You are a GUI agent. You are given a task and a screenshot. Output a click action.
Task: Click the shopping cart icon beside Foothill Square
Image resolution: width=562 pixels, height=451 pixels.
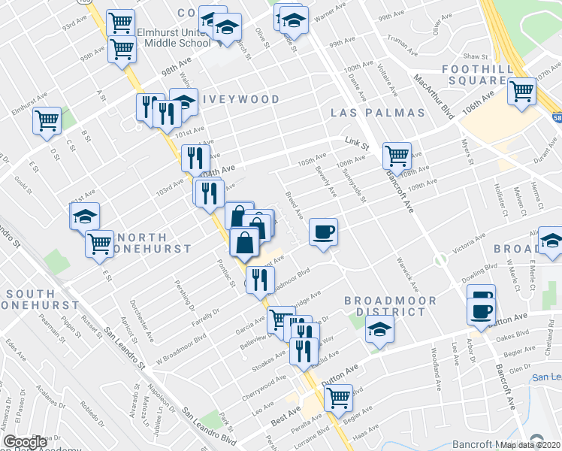coord(521,92)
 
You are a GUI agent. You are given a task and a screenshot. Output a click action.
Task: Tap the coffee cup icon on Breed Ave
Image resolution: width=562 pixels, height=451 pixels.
coord(323,231)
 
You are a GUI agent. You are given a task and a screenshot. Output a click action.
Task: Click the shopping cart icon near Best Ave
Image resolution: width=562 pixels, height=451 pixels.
coord(339,396)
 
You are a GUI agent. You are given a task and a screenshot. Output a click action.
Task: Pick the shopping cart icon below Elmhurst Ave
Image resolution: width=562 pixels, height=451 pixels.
coord(47,120)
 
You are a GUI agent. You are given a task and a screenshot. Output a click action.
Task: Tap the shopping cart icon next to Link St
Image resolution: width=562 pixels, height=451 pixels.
coord(396,156)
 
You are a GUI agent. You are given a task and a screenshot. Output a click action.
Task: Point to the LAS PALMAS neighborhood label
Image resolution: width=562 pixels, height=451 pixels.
coord(378,114)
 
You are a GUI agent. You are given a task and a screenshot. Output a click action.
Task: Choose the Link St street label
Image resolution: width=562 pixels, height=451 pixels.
coord(357,143)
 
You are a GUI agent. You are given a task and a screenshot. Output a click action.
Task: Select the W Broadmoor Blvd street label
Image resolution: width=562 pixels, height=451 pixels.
coord(181,345)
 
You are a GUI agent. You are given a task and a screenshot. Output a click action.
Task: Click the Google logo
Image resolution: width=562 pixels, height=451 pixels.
coord(26,442)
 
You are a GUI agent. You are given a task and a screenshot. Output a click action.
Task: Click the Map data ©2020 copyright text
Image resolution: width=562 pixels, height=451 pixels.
coord(530,445)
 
